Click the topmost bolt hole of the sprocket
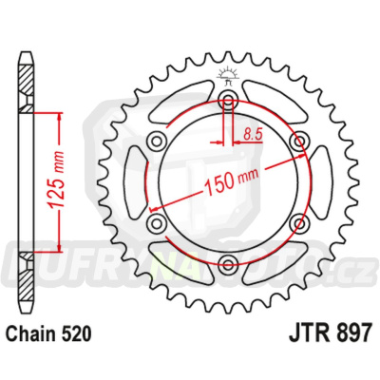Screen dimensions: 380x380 click(228, 102)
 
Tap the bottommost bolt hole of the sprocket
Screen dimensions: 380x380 click(228, 265)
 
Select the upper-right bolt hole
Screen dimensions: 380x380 click(299, 142)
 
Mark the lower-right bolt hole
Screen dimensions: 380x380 click(299, 224)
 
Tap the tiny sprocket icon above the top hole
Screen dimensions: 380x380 click(228, 74)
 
